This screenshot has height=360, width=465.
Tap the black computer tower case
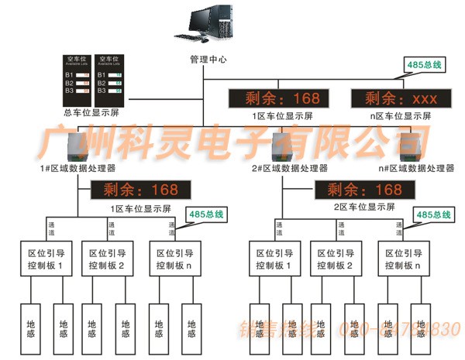point(222,22)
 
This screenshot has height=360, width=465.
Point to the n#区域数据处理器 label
point(415,167)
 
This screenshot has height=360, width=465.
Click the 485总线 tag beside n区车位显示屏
point(424,65)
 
